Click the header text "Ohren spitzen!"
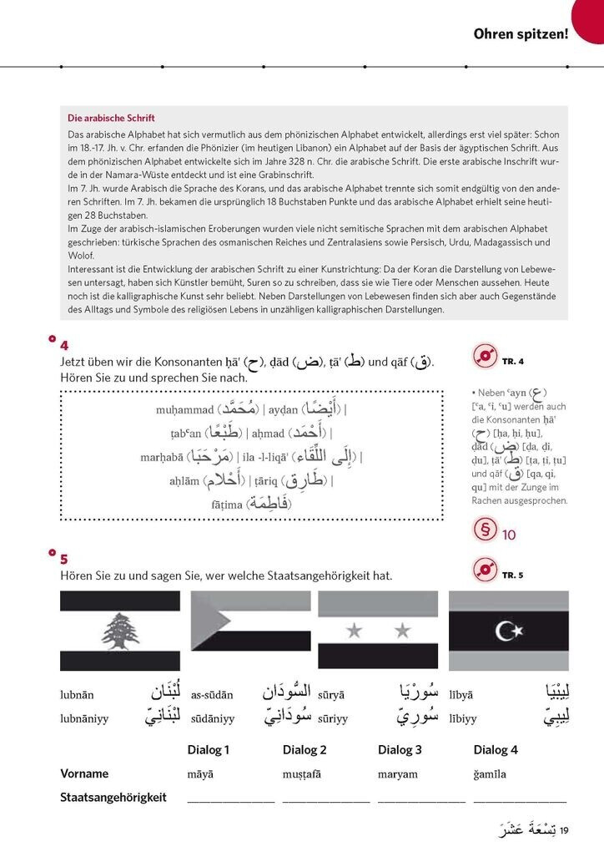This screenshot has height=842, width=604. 521,34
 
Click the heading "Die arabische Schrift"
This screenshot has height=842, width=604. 111,118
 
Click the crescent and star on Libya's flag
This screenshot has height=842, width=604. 509,627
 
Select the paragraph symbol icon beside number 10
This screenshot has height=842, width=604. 484,531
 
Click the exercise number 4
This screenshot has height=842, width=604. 64,346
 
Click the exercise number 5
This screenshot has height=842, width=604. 64,559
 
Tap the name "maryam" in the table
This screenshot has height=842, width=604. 398,774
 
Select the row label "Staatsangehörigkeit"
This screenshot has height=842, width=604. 113,798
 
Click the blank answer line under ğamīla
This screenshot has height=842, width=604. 520,801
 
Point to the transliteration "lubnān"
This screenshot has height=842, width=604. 77,695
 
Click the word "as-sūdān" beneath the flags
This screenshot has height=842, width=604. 212,695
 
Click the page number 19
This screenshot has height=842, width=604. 564,829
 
